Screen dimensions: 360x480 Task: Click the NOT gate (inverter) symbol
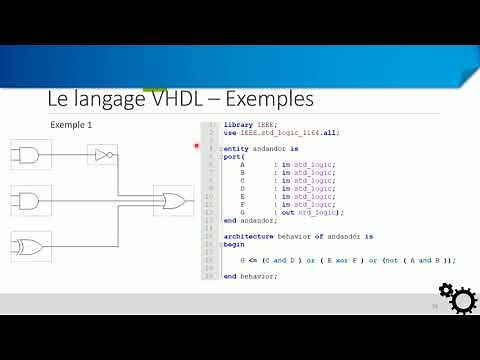(x=102, y=154)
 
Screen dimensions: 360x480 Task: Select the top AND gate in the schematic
(x=25, y=154)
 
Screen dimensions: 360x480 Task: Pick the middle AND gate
(x=25, y=199)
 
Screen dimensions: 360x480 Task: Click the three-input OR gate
(x=170, y=200)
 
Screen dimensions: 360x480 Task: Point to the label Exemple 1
(x=71, y=125)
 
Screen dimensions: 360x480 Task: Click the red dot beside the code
(x=197, y=146)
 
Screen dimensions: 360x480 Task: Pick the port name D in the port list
(x=242, y=187)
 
